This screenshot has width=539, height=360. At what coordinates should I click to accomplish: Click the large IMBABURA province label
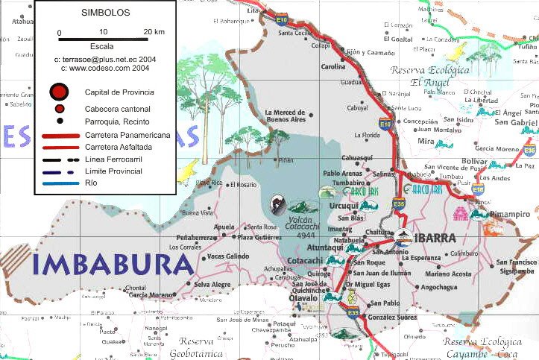click(x=113, y=265)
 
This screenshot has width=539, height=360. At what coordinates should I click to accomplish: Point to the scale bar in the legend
click(x=106, y=39)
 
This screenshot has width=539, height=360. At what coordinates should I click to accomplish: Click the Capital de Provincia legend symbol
click(x=59, y=92)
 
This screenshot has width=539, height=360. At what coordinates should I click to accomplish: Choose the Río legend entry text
click(x=91, y=183)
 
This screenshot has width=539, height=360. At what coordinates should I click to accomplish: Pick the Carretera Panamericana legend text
click(x=127, y=135)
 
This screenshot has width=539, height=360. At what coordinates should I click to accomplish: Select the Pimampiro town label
click(x=509, y=215)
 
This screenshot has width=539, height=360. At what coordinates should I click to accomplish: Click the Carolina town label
click(x=333, y=66)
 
